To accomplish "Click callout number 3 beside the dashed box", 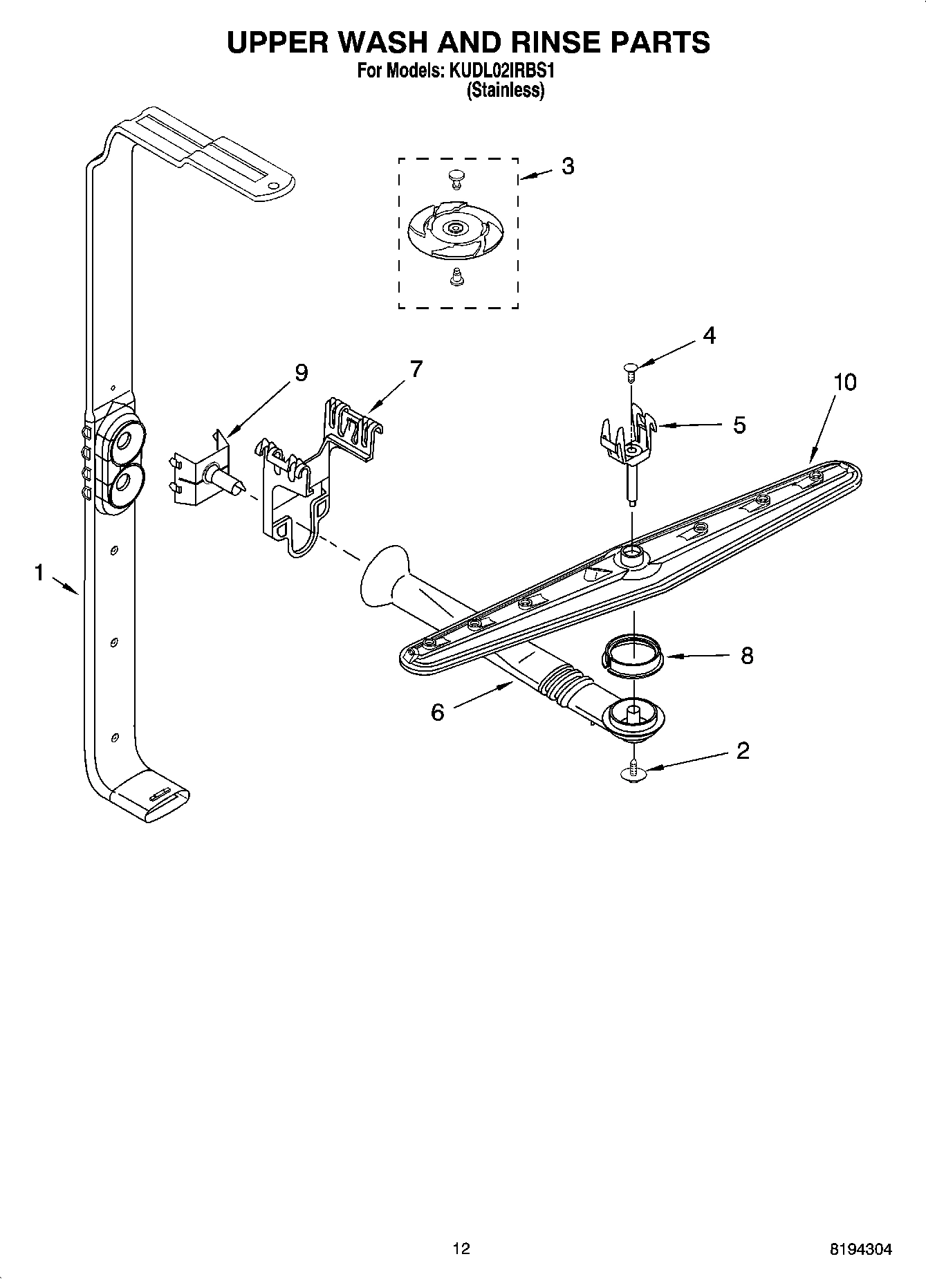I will [567, 167].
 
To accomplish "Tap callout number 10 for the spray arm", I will [844, 382].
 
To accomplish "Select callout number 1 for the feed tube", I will [39, 573].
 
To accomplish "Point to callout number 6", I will [437, 712].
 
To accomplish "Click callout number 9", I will [301, 373].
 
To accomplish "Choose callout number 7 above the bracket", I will [415, 369].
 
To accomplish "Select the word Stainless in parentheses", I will [506, 91].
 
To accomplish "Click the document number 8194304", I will [860, 1249].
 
